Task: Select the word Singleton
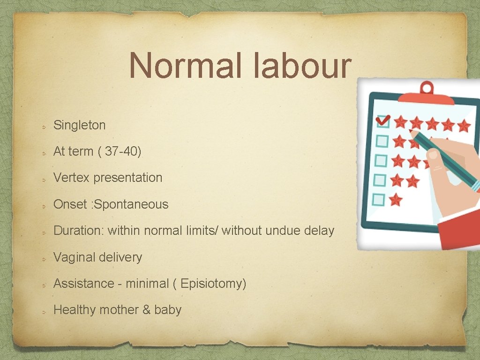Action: click(80, 125)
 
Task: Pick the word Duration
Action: click(78, 231)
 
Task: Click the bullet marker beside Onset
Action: click(43, 205)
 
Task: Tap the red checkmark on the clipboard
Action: click(383, 121)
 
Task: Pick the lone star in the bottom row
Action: click(396, 200)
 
